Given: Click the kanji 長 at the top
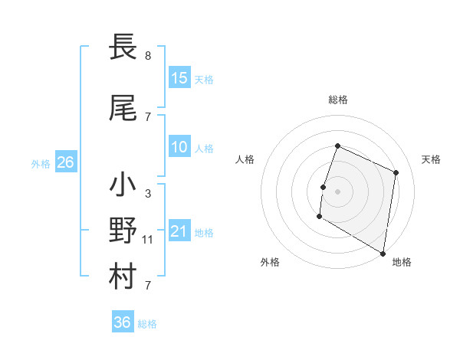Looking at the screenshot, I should click(123, 47).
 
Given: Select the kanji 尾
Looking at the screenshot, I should click(123, 110).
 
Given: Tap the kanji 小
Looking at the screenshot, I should click(123, 185).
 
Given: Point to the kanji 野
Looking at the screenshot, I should click(123, 231).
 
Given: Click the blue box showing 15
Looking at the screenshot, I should click(179, 78).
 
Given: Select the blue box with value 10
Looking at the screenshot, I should click(179, 148).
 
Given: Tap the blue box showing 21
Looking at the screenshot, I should click(179, 231).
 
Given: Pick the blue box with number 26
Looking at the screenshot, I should click(66, 162).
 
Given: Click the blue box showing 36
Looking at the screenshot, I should click(123, 323).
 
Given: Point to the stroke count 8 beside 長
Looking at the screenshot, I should click(148, 56).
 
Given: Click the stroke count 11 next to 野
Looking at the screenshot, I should click(148, 240).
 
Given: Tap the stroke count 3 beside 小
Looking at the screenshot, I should click(148, 194).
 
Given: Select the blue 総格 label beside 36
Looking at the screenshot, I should click(147, 324).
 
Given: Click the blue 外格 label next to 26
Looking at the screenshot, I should click(41, 163).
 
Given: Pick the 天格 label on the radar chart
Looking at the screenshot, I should click(432, 159).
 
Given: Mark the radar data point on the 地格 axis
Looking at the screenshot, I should click(383, 252).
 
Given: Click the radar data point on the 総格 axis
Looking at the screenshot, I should click(337, 146).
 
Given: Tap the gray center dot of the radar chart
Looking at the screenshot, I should click(337, 191).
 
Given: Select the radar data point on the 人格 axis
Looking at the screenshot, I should click(324, 187).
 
